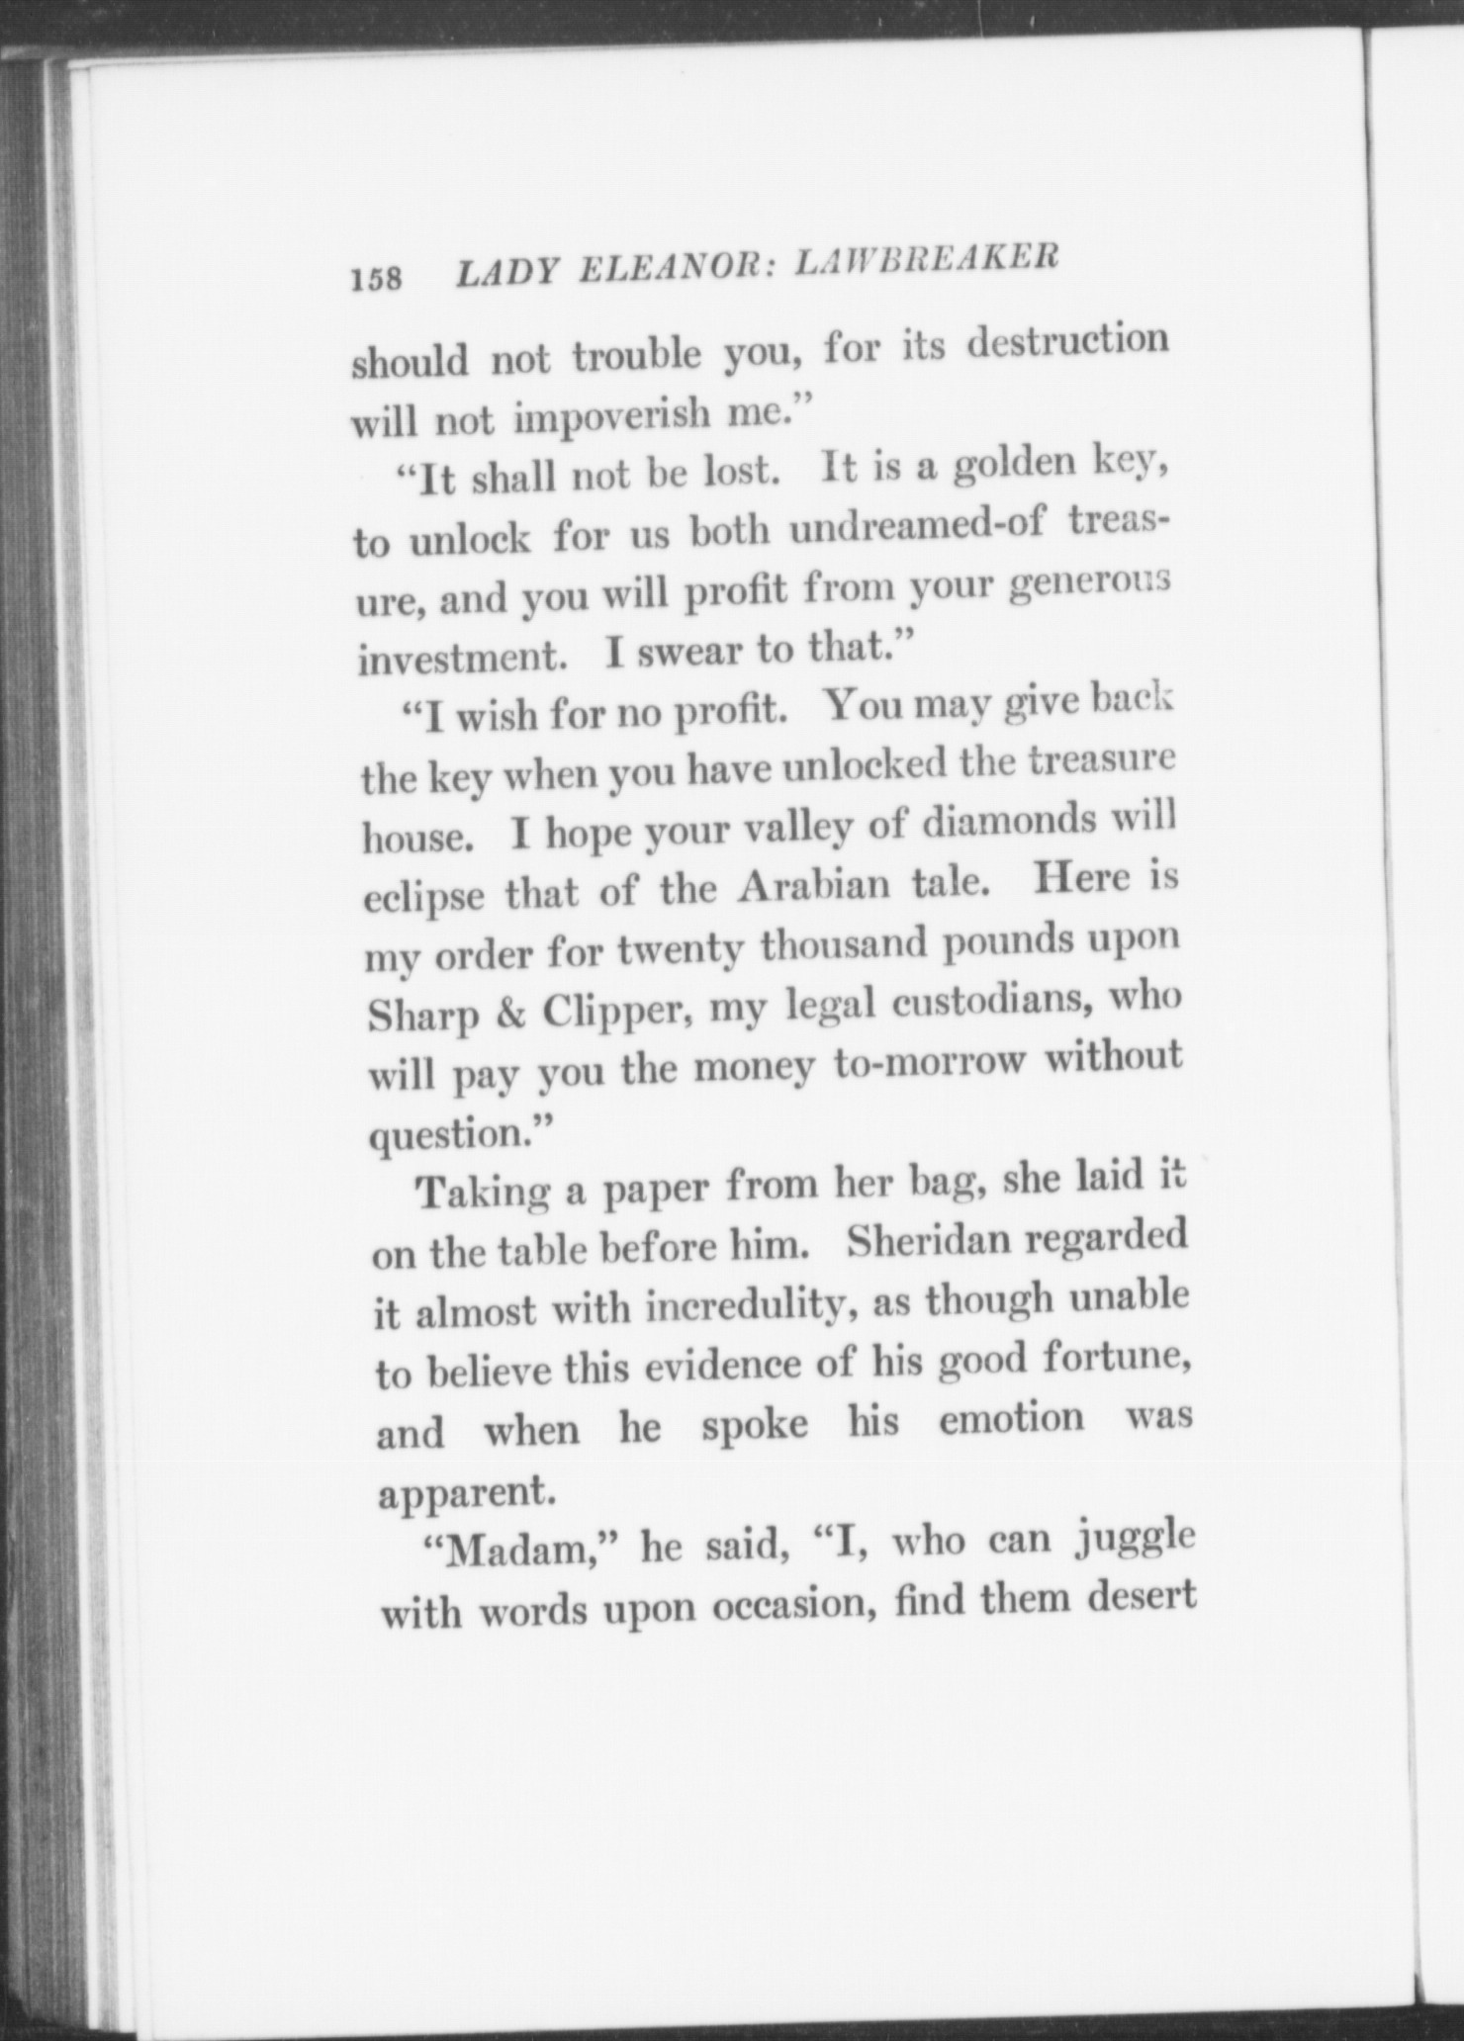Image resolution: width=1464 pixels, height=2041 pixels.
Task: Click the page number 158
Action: click(377, 280)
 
